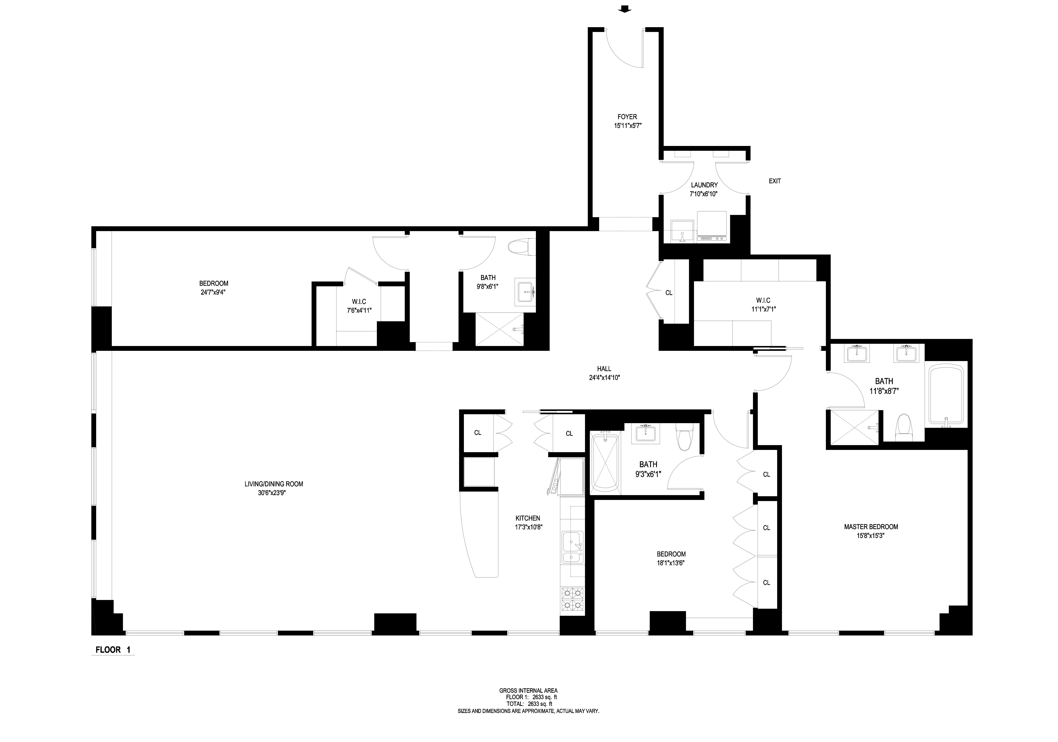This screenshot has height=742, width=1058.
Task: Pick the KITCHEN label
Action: tap(528, 518)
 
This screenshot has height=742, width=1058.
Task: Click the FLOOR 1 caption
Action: tap(113, 650)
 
